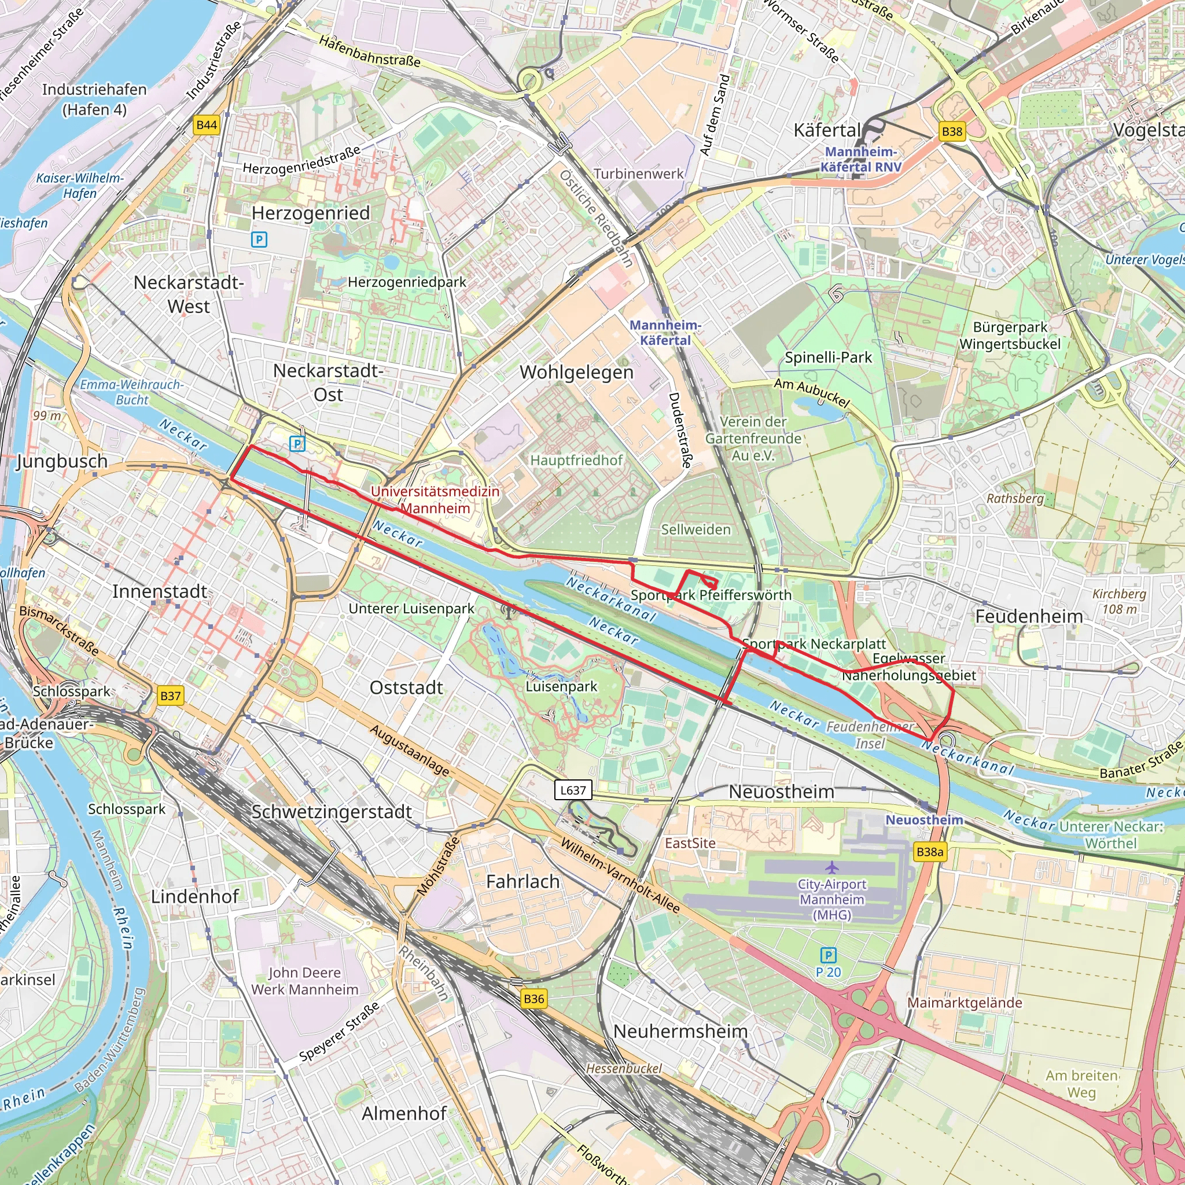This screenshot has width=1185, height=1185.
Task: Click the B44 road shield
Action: (207, 125)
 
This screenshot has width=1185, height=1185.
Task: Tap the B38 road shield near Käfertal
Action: (952, 131)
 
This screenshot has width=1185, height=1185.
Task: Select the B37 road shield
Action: (171, 695)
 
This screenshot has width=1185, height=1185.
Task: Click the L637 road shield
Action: (573, 790)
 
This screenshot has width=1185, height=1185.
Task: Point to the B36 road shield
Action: (533, 999)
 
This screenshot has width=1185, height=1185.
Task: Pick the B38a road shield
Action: (930, 852)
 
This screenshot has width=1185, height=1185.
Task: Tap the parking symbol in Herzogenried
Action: (259, 239)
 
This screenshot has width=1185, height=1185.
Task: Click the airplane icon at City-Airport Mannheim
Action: (831, 867)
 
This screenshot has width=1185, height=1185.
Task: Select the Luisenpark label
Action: (561, 686)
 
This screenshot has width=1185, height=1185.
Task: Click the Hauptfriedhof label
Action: (576, 460)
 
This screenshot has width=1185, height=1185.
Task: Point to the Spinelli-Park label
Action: (828, 358)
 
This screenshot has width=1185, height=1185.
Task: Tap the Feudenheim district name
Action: (1029, 616)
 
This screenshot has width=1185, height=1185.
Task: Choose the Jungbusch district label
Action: (62, 461)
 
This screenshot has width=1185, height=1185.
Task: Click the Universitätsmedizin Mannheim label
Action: (435, 500)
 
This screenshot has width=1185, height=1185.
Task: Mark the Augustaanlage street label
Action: (409, 749)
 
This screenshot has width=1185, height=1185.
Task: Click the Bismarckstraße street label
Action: (59, 631)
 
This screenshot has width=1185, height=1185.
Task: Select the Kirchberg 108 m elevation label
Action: (1120, 601)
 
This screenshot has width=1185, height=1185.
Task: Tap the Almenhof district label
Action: (404, 1113)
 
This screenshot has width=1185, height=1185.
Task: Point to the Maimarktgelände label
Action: (965, 1003)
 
